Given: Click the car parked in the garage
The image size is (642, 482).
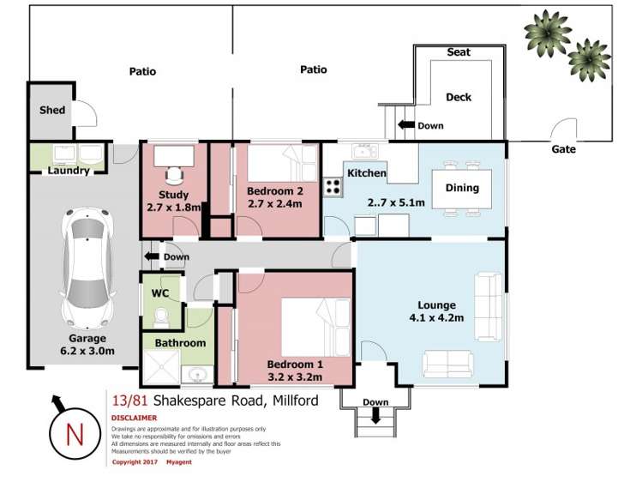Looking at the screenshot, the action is (x=87, y=268).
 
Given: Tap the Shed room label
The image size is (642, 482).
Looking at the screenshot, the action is (x=52, y=110).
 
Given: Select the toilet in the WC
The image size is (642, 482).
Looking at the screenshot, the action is (x=161, y=318).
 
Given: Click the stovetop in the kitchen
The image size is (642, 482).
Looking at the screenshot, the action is (x=333, y=187).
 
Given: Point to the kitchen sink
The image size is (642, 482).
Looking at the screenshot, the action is (x=365, y=151).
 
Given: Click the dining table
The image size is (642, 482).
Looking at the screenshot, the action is (x=462, y=190).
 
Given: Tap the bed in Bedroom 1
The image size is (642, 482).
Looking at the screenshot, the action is (x=316, y=328).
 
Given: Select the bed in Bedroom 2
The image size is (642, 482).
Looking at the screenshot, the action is (x=282, y=163).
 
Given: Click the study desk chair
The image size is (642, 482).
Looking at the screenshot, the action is (x=174, y=175).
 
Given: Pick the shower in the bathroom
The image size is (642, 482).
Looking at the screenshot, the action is (x=161, y=367).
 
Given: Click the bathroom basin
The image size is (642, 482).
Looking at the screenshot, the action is (x=198, y=375).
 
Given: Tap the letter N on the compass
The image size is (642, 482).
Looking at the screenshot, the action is (x=75, y=434).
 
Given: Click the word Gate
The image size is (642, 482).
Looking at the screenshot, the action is (x=563, y=149).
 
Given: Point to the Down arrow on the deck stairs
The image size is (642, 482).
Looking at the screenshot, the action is (x=406, y=124).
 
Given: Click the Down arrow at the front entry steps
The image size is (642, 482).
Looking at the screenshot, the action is (x=375, y=416).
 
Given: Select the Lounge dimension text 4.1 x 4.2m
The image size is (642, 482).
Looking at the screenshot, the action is (x=436, y=318).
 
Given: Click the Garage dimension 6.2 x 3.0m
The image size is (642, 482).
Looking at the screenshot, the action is (x=87, y=351).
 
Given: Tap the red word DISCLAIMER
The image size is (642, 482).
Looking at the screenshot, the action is (x=135, y=419).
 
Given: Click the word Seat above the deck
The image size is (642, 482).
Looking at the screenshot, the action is (x=459, y=52).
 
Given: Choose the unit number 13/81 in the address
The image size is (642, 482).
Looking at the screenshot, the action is (x=129, y=401).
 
